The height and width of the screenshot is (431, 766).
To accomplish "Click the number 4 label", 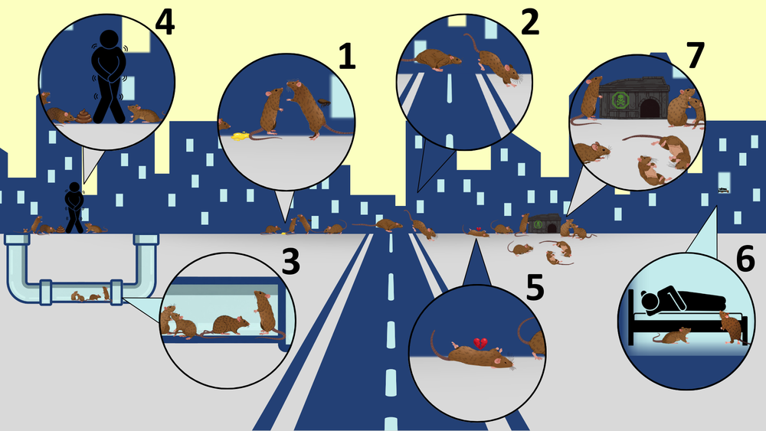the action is point(165,22).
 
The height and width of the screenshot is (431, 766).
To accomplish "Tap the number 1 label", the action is point(346,56).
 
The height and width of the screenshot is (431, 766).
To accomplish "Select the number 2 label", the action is point(530,21).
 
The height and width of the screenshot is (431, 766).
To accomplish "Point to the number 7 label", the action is point(696,55).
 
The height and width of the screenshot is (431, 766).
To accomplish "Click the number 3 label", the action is point(290,261).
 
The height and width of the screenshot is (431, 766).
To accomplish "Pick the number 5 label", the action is point(535,287).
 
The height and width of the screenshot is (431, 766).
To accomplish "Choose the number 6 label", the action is point(745,260).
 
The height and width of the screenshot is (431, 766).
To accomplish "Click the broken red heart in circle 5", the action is point(480,343).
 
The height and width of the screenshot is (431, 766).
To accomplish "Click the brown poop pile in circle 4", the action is point(83,116).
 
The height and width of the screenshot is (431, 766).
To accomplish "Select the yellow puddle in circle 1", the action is point(240,136).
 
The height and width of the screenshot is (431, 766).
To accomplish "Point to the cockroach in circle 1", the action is point(323,102).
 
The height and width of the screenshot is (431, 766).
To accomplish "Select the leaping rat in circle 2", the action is point(493,60).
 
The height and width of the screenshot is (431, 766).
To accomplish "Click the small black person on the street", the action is point(74,207).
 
